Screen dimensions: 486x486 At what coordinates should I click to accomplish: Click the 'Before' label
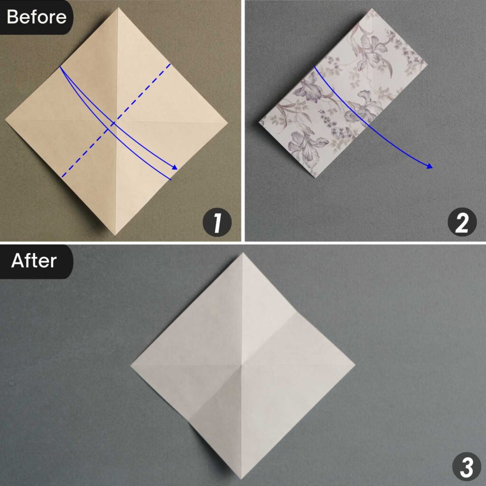(x=36, y=17)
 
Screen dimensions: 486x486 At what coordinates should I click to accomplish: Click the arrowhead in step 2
(x=430, y=166)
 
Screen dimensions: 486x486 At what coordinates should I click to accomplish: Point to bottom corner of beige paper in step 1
(x=115, y=234)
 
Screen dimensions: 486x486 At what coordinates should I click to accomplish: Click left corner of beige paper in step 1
(x=5, y=121)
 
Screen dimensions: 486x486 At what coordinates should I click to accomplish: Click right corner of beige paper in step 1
(x=228, y=121)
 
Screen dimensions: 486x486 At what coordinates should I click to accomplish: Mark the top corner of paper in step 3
(x=243, y=253)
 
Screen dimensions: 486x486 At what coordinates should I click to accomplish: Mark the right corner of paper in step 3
(x=355, y=365)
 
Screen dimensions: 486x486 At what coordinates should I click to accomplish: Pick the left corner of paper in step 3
(x=131, y=365)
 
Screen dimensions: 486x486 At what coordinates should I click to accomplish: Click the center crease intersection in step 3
(x=243, y=365)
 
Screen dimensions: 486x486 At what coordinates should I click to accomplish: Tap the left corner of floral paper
(x=259, y=123)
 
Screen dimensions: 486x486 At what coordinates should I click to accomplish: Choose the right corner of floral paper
(x=427, y=65)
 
